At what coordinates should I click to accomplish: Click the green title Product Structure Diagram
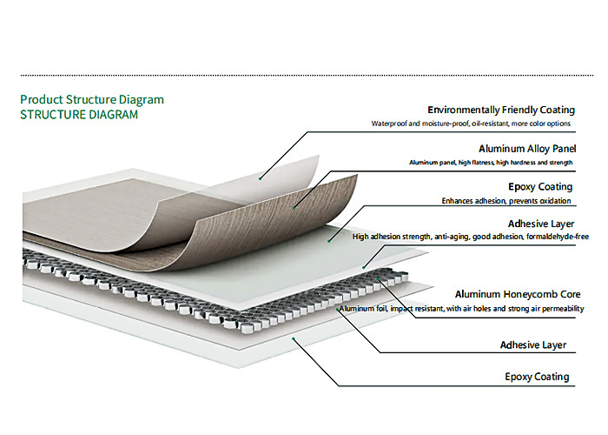pyautogui.click(x=92, y=100)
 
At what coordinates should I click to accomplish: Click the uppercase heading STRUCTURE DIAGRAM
pyautogui.click(x=79, y=115)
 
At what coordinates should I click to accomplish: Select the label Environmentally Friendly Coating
pyautogui.click(x=501, y=110)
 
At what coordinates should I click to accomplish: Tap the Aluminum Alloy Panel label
pyautogui.click(x=527, y=149)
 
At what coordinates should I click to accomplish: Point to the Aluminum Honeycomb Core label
pyautogui.click(x=518, y=294)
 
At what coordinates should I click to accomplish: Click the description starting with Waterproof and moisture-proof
pyautogui.click(x=471, y=124)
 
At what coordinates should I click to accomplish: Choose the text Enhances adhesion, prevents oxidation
pyautogui.click(x=506, y=201)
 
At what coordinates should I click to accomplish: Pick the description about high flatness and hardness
pyautogui.click(x=491, y=163)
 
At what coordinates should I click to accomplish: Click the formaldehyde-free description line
pyautogui.click(x=471, y=237)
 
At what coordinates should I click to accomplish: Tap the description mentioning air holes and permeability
pyautogui.click(x=461, y=309)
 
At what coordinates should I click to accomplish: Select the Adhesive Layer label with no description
pyautogui.click(x=533, y=345)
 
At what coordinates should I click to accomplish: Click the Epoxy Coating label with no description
pyautogui.click(x=537, y=377)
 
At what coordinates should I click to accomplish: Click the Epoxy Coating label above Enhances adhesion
pyautogui.click(x=540, y=187)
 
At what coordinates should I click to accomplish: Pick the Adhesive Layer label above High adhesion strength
pyautogui.click(x=541, y=224)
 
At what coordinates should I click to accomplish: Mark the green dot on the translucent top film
pyautogui.click(x=261, y=178)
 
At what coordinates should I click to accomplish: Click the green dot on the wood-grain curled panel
pyautogui.click(x=294, y=208)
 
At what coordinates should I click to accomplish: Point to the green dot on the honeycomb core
pyautogui.click(x=378, y=278)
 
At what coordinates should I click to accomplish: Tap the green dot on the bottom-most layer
pyautogui.click(x=294, y=338)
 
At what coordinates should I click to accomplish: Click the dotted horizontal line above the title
pyautogui.click(x=307, y=76)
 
